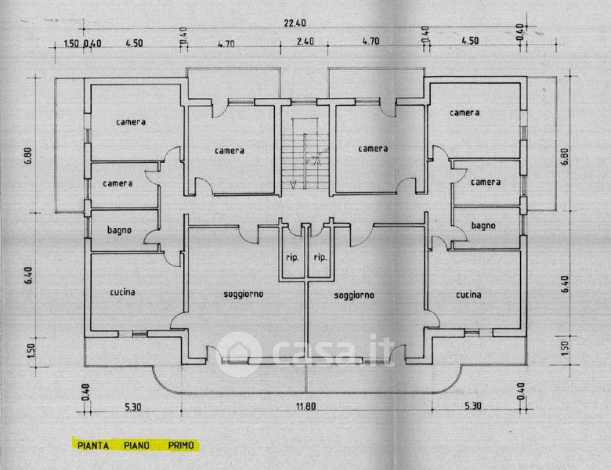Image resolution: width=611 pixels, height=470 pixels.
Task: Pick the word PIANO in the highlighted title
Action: click(137, 446)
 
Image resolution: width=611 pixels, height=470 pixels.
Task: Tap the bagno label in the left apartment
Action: click(119, 230)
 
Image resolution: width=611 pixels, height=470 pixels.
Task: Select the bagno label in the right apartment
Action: click(483, 226)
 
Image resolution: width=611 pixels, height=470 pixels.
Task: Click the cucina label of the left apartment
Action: click(122, 292)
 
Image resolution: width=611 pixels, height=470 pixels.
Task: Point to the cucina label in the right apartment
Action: click(468, 295)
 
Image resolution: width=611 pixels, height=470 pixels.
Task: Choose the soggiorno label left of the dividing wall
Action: click(243, 295)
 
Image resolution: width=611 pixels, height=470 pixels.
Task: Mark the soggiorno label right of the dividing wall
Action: click(354, 295)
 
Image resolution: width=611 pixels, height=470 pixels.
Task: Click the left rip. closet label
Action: click(291, 258)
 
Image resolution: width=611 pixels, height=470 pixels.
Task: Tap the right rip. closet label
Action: click(320, 258)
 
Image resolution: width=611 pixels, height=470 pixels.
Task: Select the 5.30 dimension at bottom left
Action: click(132, 406)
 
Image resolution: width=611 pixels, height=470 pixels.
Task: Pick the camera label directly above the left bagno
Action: click(118, 183)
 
